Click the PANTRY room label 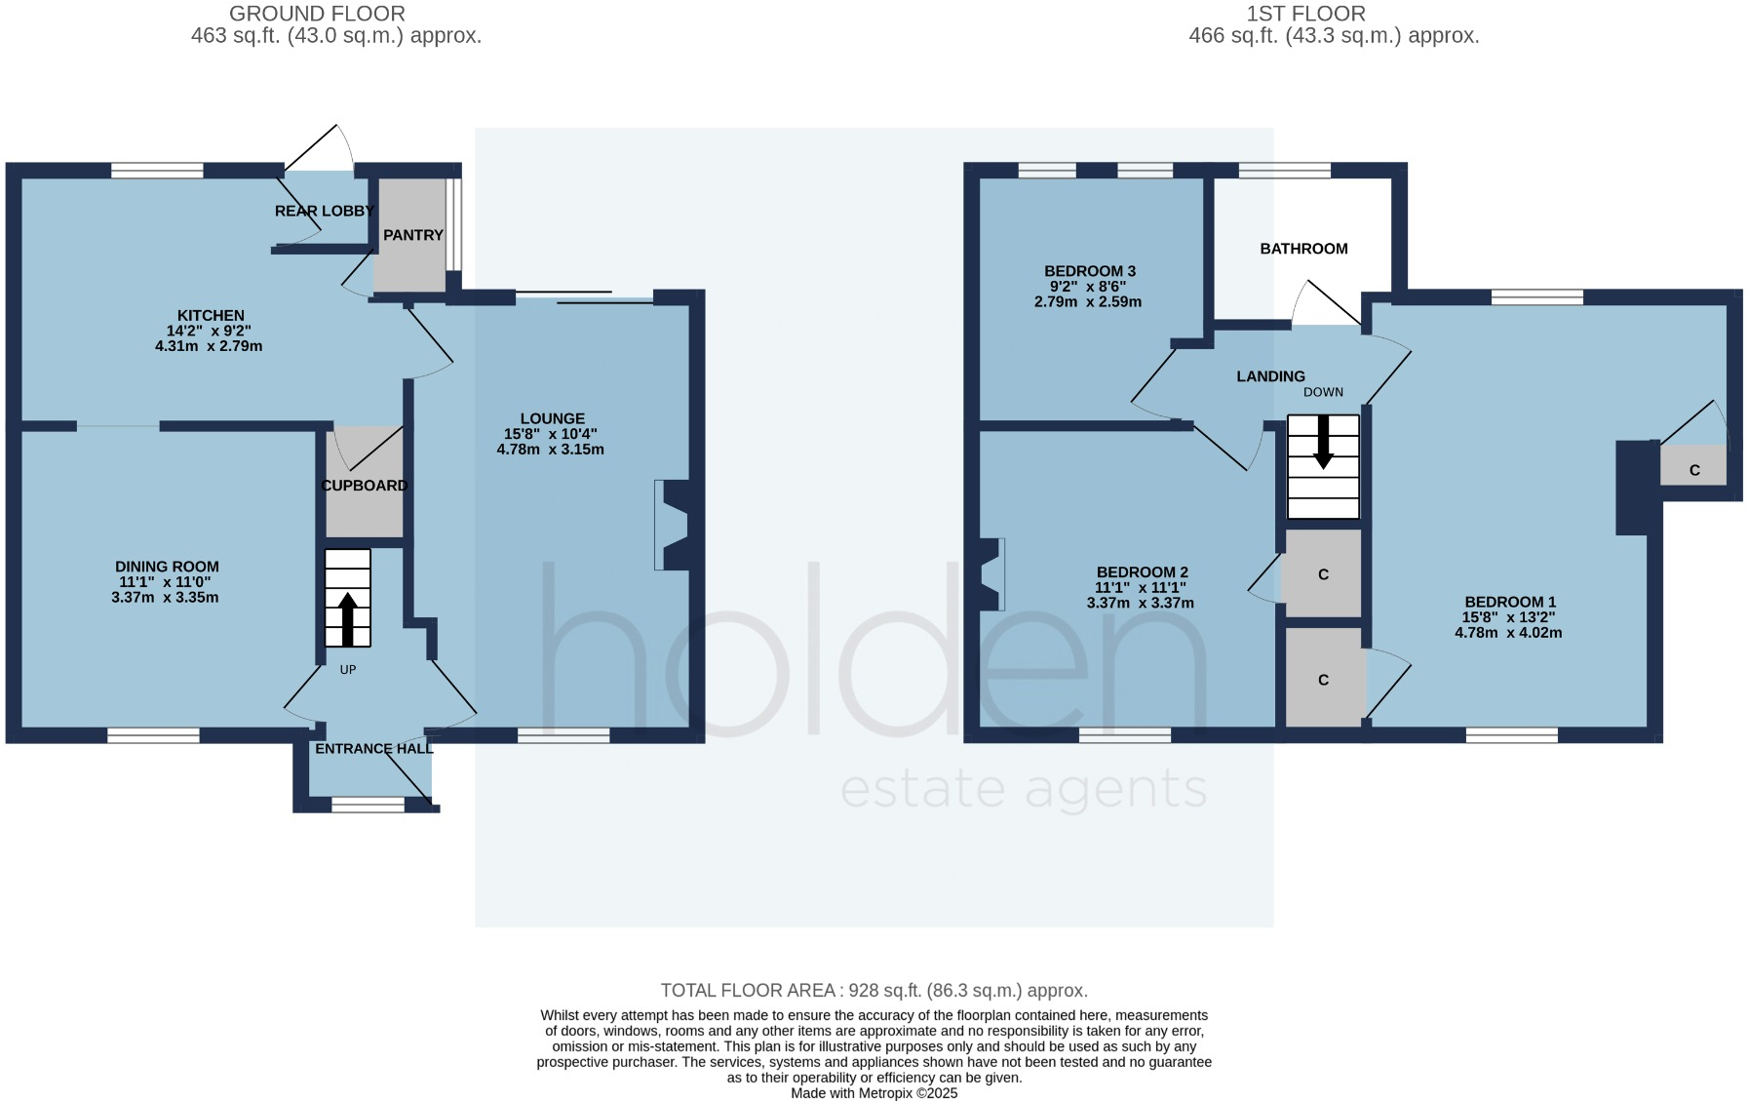click(412, 235)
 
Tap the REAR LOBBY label click(324, 211)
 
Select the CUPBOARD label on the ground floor click(364, 486)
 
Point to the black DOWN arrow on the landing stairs click(1323, 443)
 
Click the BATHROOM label click(1303, 249)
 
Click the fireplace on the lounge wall click(674, 525)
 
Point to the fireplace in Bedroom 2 click(991, 574)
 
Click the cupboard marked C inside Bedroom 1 click(1694, 470)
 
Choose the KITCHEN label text click(211, 315)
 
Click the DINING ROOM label click(167, 567)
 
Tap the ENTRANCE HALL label click(373, 749)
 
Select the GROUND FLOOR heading click(317, 14)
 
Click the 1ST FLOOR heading click(1305, 14)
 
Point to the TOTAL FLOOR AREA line click(874, 991)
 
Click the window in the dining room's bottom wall click(153, 735)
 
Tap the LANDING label click(1270, 376)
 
